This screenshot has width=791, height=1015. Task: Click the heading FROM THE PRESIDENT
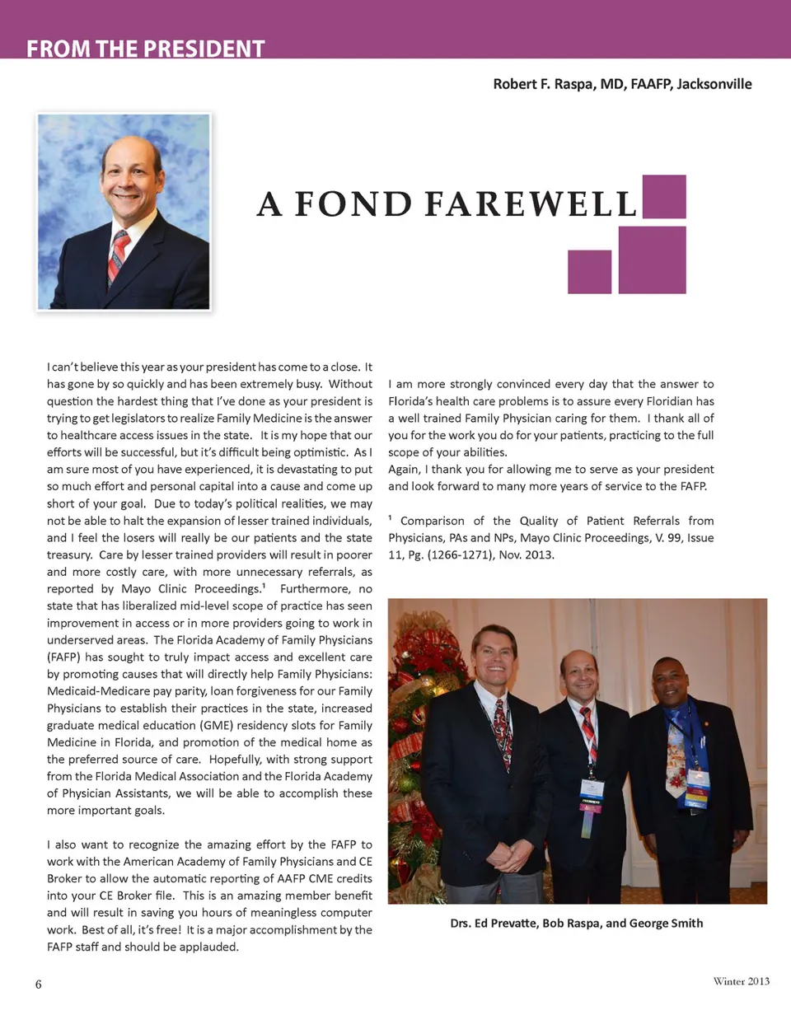point(145,49)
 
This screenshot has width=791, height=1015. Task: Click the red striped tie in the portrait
point(118,256)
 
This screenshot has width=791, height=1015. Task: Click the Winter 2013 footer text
point(741,981)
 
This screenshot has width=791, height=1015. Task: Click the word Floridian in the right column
point(663,401)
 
